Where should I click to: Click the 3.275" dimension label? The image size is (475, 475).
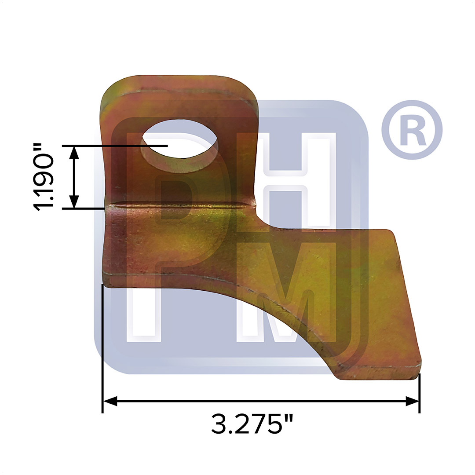coord(252,424)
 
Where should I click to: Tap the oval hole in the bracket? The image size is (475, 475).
coord(180,146)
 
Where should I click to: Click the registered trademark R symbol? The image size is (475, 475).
coord(412,130)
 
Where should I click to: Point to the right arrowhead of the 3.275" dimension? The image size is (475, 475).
coord(412,402)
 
